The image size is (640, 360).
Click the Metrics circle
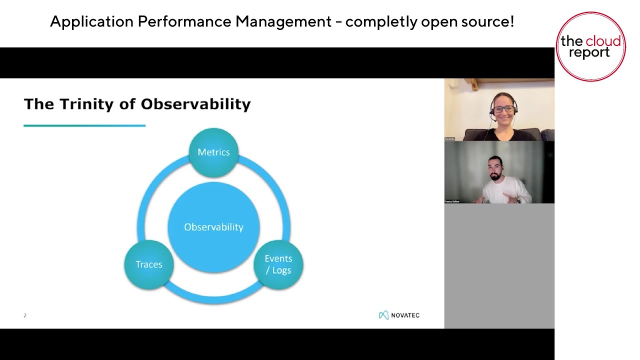coord(213,152)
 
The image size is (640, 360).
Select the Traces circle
coord(149,264)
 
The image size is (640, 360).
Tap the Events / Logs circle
coord(278,264)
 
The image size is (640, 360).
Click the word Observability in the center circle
coord(213,227)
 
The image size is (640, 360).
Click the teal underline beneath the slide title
coord(84,125)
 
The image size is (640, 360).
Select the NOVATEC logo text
coord(405,315)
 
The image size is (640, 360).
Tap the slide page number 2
coord(25,315)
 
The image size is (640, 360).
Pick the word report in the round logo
coord(589,53)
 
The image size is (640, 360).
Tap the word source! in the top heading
coord(489,22)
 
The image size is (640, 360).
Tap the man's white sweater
coord(505,192)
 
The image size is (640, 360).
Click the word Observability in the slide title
coord(195,104)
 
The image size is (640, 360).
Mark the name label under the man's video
coord(452,201)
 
